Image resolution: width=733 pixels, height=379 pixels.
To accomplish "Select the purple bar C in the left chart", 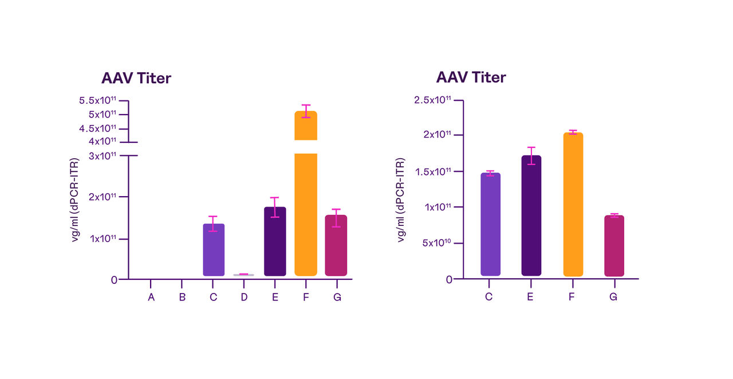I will (214, 250).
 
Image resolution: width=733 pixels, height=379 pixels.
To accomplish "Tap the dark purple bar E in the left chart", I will (275, 241).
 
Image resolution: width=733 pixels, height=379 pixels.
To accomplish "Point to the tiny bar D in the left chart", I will (244, 275).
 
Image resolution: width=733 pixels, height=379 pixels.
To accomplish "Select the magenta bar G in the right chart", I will (614, 246).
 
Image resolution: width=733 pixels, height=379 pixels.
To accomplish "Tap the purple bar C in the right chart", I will (490, 224).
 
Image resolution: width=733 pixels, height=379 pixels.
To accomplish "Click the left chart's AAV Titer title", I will (136, 78).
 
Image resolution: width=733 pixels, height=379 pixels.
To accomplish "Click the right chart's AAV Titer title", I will (471, 77).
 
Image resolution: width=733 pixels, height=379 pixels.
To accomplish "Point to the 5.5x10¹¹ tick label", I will (98, 100).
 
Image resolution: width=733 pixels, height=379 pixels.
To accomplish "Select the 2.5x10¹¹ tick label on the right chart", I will (432, 100).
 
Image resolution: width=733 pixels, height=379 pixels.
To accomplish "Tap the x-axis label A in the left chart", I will (151, 297).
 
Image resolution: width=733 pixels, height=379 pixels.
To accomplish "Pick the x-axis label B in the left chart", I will (182, 297).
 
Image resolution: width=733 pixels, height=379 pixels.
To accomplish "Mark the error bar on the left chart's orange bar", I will (306, 111).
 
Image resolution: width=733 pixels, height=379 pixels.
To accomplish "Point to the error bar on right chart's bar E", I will (531, 156).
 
